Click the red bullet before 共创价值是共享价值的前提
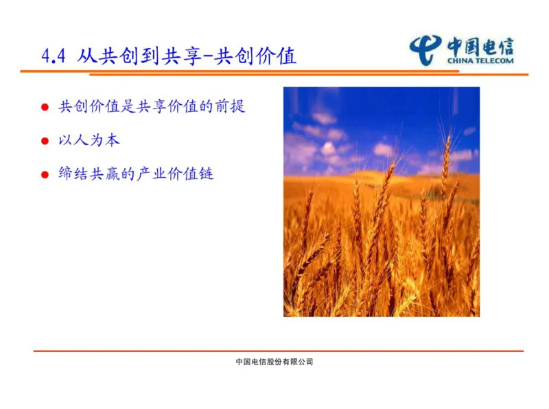coord(45,108)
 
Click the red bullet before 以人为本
coord(45,141)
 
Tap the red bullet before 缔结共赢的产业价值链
coord(45,174)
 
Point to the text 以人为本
coord(90,140)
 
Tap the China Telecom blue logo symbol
coord(426,49)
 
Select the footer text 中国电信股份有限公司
coord(274,362)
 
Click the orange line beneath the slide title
coord(206,71)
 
